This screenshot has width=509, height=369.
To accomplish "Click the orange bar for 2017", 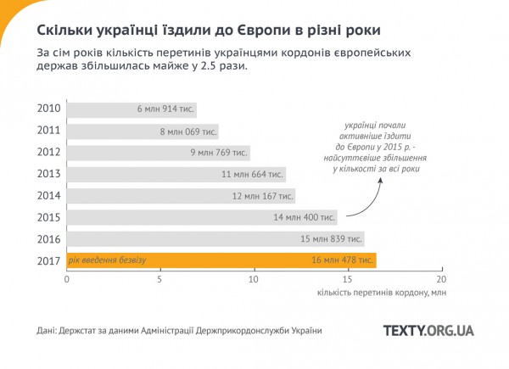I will (221, 260).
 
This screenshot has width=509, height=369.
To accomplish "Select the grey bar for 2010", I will (131, 109).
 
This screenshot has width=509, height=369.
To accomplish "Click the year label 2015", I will (48, 217).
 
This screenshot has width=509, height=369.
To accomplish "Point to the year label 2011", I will (48, 131).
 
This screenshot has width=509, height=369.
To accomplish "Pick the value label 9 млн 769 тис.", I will (220, 153).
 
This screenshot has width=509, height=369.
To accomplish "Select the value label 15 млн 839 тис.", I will (333, 238).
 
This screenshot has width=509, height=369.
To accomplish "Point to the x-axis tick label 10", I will (253, 279).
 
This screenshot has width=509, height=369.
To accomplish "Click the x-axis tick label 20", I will (440, 279).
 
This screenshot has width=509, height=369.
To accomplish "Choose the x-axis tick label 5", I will (159, 279).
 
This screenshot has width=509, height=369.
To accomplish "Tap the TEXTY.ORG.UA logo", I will (428, 330).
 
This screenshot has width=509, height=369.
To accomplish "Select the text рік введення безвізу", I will (108, 260).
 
